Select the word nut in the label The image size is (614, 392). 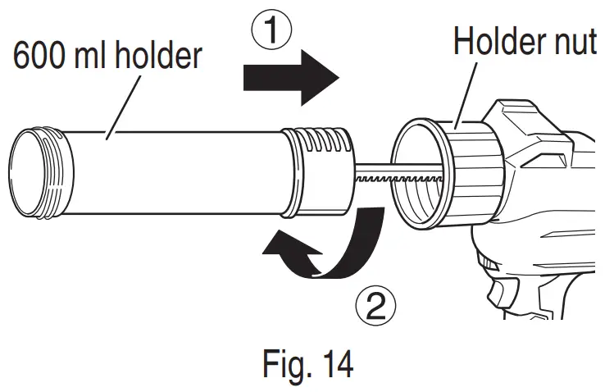(x=577, y=41)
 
